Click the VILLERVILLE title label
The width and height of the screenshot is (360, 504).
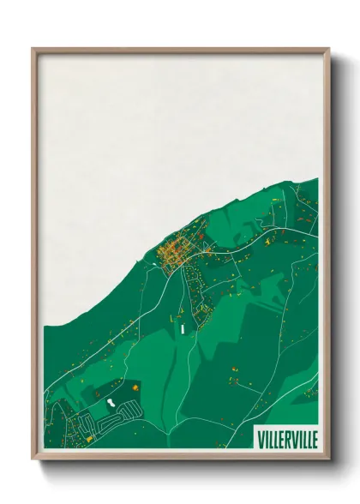pyautogui.click(x=286, y=439)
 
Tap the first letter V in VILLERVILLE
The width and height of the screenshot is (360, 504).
pyautogui.click(x=260, y=439)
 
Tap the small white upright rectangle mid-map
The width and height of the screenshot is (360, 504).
pyautogui.click(x=183, y=327)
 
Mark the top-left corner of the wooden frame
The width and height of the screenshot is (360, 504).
pyautogui.click(x=33, y=49)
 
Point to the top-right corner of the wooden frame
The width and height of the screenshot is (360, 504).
pyautogui.click(x=328, y=49)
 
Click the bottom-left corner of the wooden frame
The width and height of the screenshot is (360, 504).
pyautogui.click(x=33, y=459)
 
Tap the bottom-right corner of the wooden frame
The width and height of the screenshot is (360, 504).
pyautogui.click(x=328, y=459)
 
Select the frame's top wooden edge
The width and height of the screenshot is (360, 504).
pyautogui.click(x=180, y=50)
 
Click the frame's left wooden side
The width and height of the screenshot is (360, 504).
pyautogui.click(x=34, y=257)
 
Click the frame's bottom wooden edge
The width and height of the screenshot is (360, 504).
pyautogui.click(x=180, y=457)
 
